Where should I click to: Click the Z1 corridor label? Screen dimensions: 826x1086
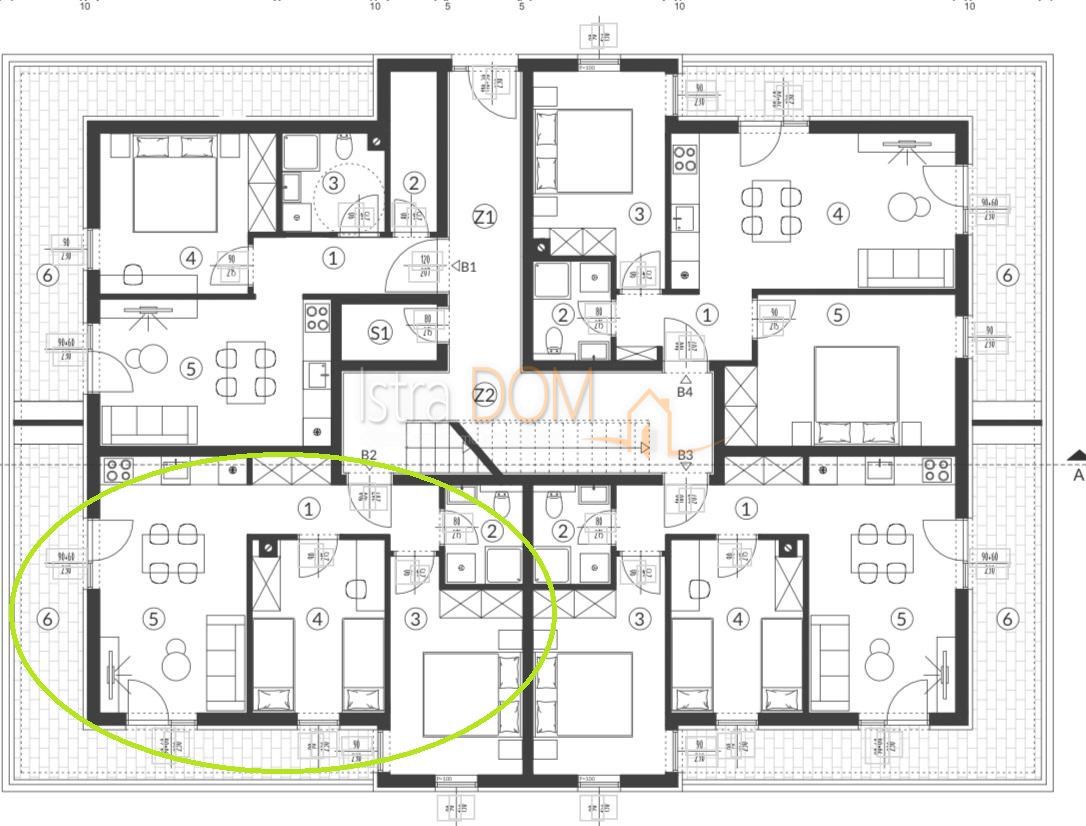(x=484, y=216)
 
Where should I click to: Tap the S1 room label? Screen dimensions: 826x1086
(x=380, y=332)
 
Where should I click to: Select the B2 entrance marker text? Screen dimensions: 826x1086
(x=369, y=455)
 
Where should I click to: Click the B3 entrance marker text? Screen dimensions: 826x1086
(x=685, y=455)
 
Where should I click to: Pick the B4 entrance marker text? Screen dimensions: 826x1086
(x=685, y=392)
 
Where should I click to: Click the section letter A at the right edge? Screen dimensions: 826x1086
(x=1078, y=475)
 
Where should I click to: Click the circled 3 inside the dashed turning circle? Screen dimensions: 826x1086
(x=333, y=182)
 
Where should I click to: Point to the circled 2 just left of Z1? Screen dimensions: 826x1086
(x=414, y=182)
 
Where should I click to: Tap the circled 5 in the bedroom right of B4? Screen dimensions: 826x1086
(x=838, y=314)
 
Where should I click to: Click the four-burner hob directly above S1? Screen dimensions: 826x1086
(x=317, y=318)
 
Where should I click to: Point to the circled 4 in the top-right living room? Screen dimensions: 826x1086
(x=838, y=213)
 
